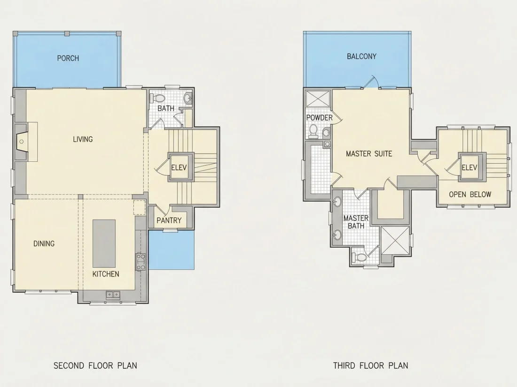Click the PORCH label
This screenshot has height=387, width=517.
pos(68,58)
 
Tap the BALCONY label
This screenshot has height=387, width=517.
pos(361,56)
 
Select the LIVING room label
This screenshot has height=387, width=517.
pos(83,139)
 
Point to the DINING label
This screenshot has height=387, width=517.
pos(44,243)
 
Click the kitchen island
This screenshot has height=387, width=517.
pos(104,243)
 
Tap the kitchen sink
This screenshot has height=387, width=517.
pos(113,295)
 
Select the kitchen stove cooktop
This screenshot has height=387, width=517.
pos(141,262)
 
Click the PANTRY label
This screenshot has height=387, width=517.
pos(169,220)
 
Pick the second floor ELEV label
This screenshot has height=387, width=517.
pos(179,167)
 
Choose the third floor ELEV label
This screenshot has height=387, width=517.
pos(469,167)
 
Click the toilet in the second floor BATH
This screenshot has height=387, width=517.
pos(158,99)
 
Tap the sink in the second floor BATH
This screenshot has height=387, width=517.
pos(188,98)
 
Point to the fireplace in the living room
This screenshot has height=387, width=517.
pos(22,142)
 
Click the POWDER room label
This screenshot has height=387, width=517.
pos(319,117)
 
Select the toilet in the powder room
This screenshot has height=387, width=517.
pos(313,131)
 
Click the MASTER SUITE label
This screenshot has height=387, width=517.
pos(369,154)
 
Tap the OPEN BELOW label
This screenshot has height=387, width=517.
pos(470,195)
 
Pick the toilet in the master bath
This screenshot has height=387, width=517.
pos(359,257)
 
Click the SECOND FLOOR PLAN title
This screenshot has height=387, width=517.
pos(95,365)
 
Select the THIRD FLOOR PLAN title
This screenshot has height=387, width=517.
pos(371,365)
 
